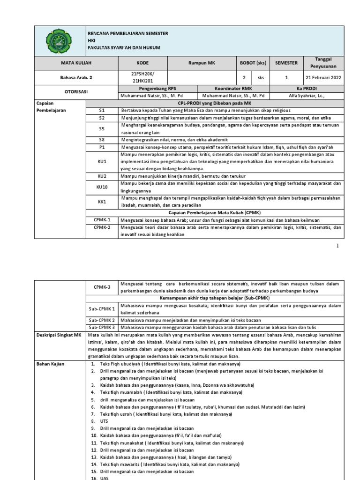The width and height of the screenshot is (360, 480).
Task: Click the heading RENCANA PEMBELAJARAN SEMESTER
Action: (x=127, y=34)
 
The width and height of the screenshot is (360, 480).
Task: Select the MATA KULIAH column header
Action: (x=75, y=62)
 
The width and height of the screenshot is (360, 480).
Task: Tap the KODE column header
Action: (x=142, y=62)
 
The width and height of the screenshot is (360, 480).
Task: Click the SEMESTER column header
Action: (x=286, y=62)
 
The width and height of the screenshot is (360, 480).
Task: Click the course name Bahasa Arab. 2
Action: (x=75, y=77)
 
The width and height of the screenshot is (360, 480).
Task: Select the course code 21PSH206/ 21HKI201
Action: (x=142, y=77)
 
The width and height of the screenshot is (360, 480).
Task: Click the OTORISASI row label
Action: (x=75, y=92)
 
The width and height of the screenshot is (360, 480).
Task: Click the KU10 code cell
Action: (x=102, y=187)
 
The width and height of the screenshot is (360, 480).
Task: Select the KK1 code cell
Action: (x=102, y=201)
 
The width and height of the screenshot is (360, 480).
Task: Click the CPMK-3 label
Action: (x=102, y=287)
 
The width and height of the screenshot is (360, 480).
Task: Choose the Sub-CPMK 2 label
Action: (x=102, y=320)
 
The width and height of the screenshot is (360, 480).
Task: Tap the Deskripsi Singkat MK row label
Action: (x=59, y=335)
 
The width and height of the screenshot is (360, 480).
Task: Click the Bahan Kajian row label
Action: (x=50, y=363)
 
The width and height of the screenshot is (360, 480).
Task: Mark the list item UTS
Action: (x=104, y=421)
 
